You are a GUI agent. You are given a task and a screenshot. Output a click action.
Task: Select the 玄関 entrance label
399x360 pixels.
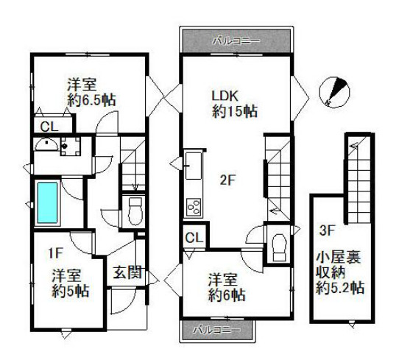pos(127,272)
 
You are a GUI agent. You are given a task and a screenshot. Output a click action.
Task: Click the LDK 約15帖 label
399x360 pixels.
pos(234,104)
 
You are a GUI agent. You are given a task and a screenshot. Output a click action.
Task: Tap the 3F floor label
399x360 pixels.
pos(327,229)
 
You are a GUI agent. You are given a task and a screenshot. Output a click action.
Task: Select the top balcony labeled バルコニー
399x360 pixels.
pos(237,39)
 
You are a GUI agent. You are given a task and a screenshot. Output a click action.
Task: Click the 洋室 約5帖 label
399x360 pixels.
pos(71,283)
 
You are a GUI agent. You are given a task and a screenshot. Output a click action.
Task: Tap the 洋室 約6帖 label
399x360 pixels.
pos(225,288)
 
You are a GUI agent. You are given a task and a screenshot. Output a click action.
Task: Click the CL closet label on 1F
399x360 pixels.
pos(49,127)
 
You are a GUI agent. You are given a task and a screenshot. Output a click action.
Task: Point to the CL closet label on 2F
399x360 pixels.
pos(194,237)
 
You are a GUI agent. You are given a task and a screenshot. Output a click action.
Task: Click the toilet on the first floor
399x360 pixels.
pos(133,211)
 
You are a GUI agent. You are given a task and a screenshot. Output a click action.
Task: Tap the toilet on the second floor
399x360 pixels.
pos(278,245)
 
